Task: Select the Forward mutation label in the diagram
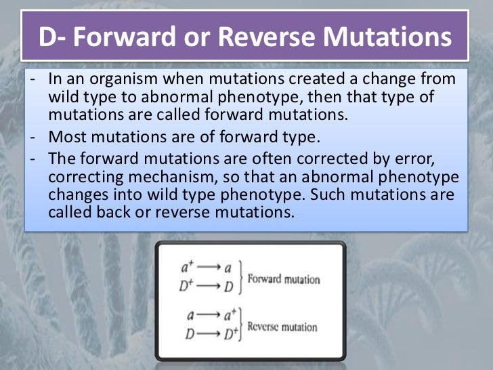(284, 279)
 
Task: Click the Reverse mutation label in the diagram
(282, 327)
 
